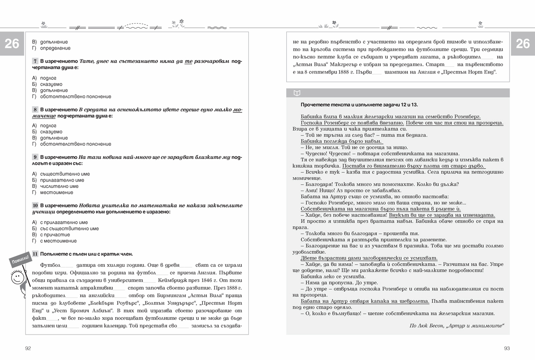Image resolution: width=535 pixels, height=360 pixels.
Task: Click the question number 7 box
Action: [35, 61]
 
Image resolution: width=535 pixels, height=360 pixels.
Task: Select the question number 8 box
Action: [35, 109]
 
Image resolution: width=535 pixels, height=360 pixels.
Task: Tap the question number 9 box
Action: [35, 157]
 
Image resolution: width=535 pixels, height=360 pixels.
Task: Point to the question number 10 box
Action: [35, 205]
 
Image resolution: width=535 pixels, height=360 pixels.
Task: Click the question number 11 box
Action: [35, 254]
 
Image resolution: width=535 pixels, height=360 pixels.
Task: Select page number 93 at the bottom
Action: [507, 348]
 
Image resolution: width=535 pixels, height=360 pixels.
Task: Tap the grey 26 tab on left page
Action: [12, 44]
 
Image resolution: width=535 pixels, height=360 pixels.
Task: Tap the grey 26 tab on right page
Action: [523, 44]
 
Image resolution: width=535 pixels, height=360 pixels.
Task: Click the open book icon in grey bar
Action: [297, 93]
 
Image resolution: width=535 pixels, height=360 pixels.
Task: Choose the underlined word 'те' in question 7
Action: [188, 61]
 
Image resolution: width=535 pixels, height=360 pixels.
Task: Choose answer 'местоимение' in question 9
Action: [57, 193]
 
